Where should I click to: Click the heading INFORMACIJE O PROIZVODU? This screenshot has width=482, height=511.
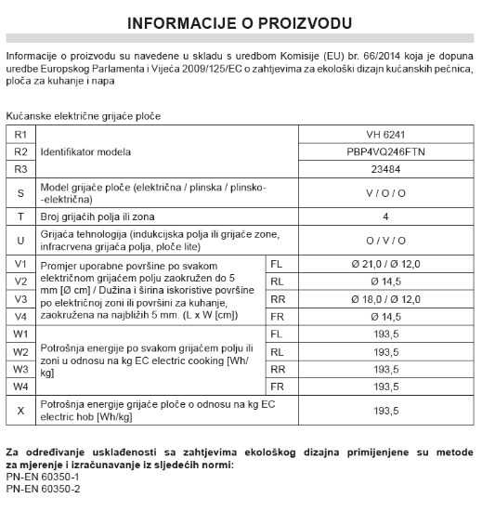[x=240, y=21]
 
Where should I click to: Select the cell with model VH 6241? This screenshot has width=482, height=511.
[x=385, y=135]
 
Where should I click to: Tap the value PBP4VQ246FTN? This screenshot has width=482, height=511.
[x=385, y=151]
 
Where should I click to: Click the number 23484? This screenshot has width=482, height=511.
[x=385, y=169]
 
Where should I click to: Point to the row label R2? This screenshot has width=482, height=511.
[x=20, y=151]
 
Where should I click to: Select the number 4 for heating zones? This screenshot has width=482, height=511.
[x=385, y=216]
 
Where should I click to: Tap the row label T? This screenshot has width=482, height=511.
[x=20, y=216]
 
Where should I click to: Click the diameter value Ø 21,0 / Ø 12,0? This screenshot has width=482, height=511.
[x=385, y=264]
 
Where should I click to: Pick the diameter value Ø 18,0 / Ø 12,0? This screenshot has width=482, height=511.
[x=385, y=299]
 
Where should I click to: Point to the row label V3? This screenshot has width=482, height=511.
[x=20, y=299]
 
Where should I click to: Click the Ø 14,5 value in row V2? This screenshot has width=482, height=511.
[x=385, y=282]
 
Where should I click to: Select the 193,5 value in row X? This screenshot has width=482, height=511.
[x=385, y=410]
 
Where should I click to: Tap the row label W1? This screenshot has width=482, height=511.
[x=20, y=334]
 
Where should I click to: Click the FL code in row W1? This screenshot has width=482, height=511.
[x=276, y=334]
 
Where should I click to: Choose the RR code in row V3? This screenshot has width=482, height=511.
[x=277, y=299]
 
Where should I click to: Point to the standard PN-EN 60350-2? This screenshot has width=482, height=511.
[x=43, y=489]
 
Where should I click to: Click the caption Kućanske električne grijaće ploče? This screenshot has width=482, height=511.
[x=83, y=117]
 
